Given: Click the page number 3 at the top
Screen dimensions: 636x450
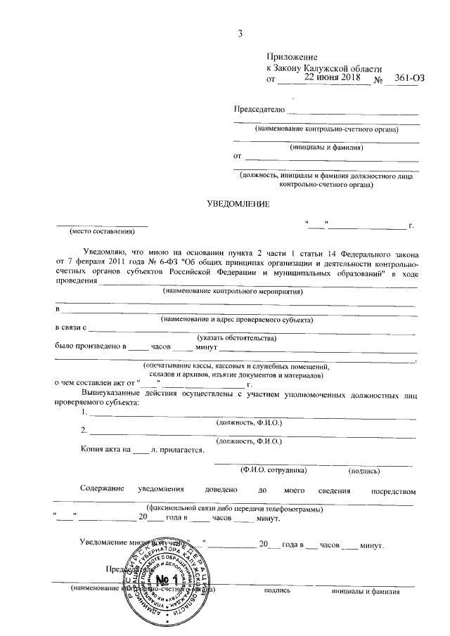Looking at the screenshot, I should click(240, 33).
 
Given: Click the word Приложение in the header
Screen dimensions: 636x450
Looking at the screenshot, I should click(292, 57).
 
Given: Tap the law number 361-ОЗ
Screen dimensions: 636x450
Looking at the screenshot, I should click(411, 79).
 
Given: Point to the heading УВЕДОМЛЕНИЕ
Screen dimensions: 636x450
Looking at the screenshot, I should click(237, 203).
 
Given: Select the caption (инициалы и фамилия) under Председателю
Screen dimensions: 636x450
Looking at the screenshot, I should click(326, 148).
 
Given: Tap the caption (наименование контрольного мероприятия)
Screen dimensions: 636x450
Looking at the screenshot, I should click(236, 290).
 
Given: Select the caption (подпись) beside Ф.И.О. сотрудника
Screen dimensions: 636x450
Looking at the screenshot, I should click(364, 469).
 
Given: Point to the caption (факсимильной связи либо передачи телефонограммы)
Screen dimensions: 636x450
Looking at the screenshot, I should click(233, 508).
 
